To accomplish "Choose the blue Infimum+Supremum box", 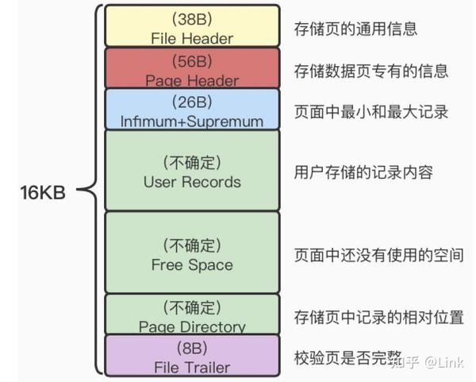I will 192,109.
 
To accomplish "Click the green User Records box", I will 192,170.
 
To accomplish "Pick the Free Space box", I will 192,253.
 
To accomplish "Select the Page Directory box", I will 192,314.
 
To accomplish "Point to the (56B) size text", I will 192,61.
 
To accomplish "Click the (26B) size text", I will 192,102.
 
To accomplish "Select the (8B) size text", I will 192,349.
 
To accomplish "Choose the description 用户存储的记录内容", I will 363,172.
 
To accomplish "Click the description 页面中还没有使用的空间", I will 378,254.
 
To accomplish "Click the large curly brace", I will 94,191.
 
